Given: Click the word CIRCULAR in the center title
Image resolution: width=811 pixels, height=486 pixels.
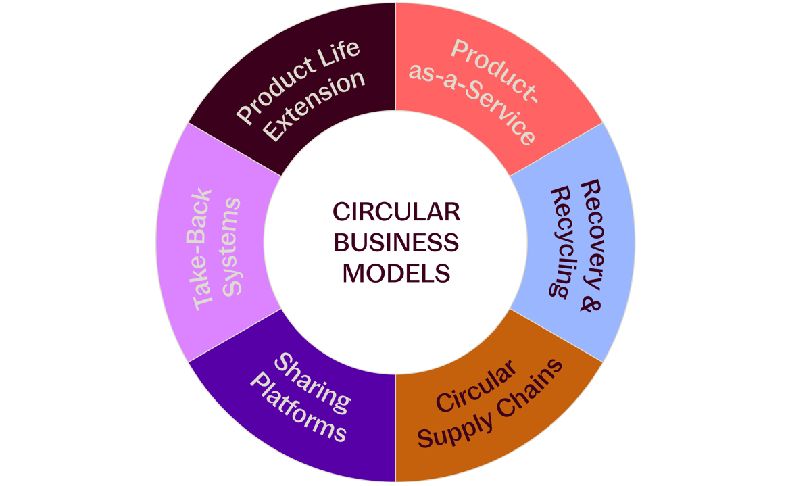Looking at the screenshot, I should [x=396, y=212].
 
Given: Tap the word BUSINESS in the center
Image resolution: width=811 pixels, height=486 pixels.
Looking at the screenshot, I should [x=396, y=242].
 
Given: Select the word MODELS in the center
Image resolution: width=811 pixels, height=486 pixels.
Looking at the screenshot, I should [x=396, y=272].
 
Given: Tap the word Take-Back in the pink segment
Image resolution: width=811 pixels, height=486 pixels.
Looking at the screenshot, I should [x=203, y=250].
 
